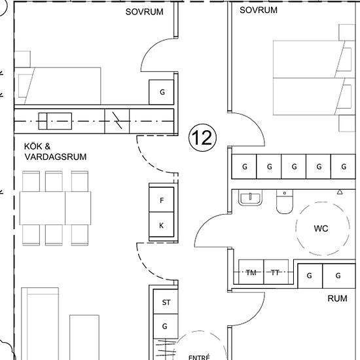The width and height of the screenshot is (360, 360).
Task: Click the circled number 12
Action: [x=202, y=137]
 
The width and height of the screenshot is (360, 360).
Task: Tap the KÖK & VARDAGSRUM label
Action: [x=56, y=152]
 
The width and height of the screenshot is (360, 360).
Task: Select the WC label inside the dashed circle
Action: [x=321, y=228]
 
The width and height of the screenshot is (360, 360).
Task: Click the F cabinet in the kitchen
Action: [x=162, y=200]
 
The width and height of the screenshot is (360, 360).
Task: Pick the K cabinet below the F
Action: [x=162, y=225]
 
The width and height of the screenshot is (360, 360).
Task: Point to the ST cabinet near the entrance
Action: [x=166, y=302]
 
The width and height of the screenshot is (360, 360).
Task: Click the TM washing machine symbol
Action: [x=251, y=272]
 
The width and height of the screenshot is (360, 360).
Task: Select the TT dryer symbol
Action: [x=276, y=272]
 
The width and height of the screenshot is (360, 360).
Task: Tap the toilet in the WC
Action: [x=285, y=202]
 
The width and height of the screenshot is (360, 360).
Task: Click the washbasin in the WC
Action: [x=250, y=198]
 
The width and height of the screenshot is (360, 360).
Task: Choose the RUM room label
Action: [x=337, y=298]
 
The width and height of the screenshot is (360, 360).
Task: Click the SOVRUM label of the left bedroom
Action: [x=144, y=12]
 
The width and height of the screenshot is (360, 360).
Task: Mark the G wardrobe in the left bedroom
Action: [x=162, y=92]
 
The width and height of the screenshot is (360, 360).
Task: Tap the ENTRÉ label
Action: [x=199, y=357]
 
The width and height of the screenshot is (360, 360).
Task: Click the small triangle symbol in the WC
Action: [x=340, y=192]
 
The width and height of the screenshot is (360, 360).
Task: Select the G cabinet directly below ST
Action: [x=166, y=326]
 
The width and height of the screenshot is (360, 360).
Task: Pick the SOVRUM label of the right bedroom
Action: [x=259, y=10]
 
